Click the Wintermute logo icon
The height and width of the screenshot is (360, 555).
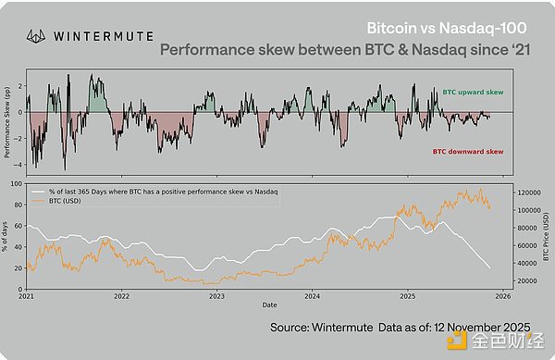36,36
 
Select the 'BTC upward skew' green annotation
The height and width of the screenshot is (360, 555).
472,93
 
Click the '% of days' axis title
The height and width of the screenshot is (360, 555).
8,236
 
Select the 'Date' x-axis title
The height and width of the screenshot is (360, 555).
268,304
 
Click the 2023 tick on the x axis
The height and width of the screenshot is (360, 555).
216,296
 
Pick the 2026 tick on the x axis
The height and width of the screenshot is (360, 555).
502,296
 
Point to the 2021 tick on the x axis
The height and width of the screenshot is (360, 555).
27,296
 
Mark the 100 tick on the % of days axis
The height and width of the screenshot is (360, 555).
18,183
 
